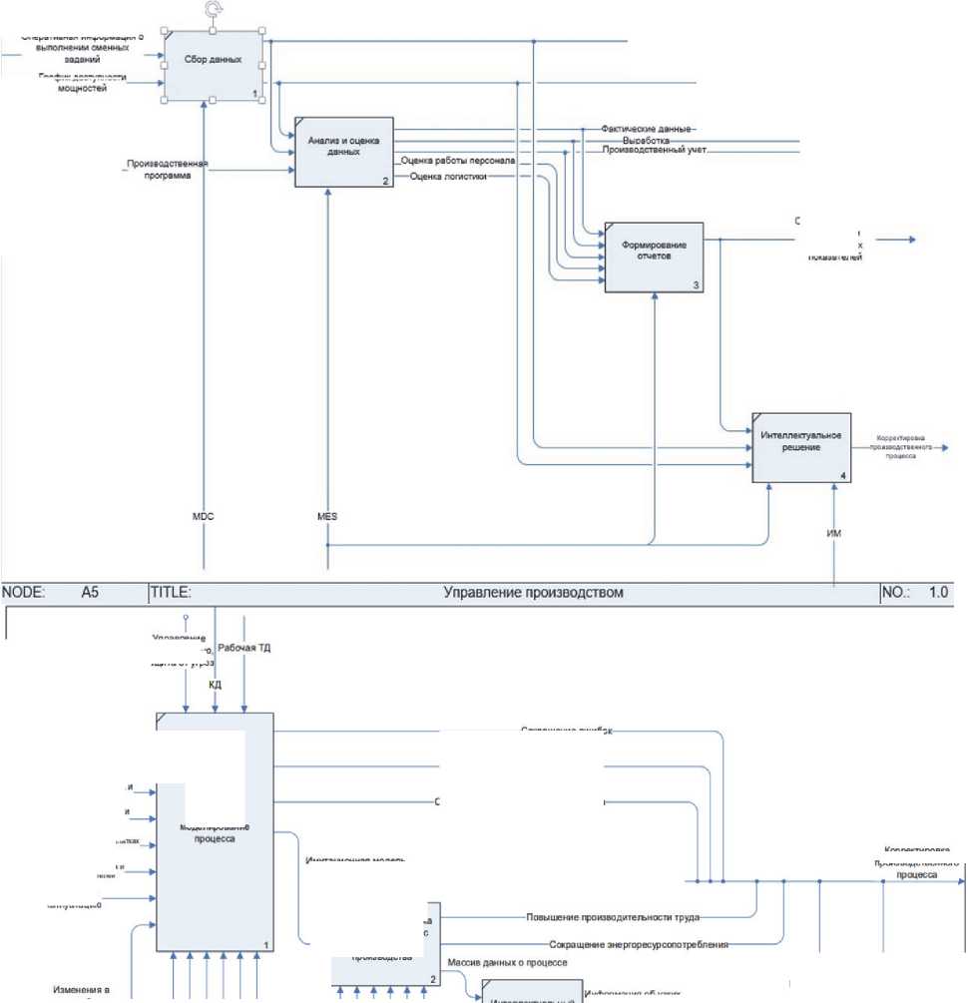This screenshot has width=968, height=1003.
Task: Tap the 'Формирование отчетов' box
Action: tap(653, 254)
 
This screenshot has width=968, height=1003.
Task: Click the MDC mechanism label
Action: tap(204, 516)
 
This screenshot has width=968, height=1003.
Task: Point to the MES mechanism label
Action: tap(326, 516)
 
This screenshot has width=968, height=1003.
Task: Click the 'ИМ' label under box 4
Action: tap(835, 534)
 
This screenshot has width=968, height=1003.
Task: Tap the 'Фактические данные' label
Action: tap(647, 130)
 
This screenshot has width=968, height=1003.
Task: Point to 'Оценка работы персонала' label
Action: tap(458, 160)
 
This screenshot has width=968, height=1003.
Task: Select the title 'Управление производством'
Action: tap(533, 593)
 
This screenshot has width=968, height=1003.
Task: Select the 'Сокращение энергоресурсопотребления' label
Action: tap(638, 943)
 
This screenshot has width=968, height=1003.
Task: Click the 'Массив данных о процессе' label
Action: tap(508, 963)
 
